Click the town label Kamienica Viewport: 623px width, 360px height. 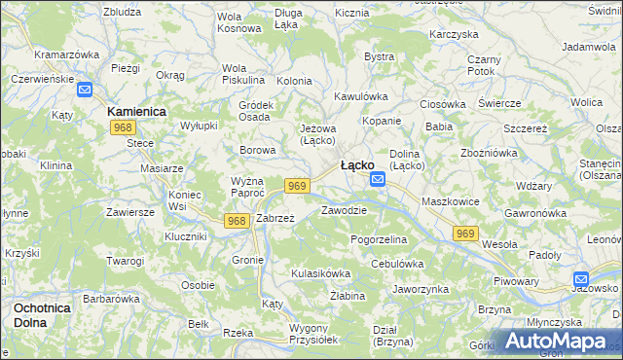click(136, 112)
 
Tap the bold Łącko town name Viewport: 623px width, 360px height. click(357, 165)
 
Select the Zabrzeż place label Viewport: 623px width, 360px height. click(275, 219)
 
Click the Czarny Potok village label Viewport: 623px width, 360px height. click(483, 65)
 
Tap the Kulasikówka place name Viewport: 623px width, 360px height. click(320, 273)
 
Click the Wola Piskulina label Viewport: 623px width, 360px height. click(243, 73)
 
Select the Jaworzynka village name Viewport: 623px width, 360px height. click(420, 289)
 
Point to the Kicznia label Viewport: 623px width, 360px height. click(351, 14)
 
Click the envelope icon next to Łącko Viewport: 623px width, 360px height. click(378, 181)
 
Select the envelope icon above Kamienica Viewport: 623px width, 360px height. click(85, 90)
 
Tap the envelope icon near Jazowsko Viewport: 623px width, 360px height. click(581, 278)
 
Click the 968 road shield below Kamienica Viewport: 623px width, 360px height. click(123, 128)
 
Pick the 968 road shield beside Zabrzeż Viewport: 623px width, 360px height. click(236, 221)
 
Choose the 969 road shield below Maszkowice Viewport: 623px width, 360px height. click(466, 234)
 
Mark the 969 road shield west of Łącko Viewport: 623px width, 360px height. click(298, 186)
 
